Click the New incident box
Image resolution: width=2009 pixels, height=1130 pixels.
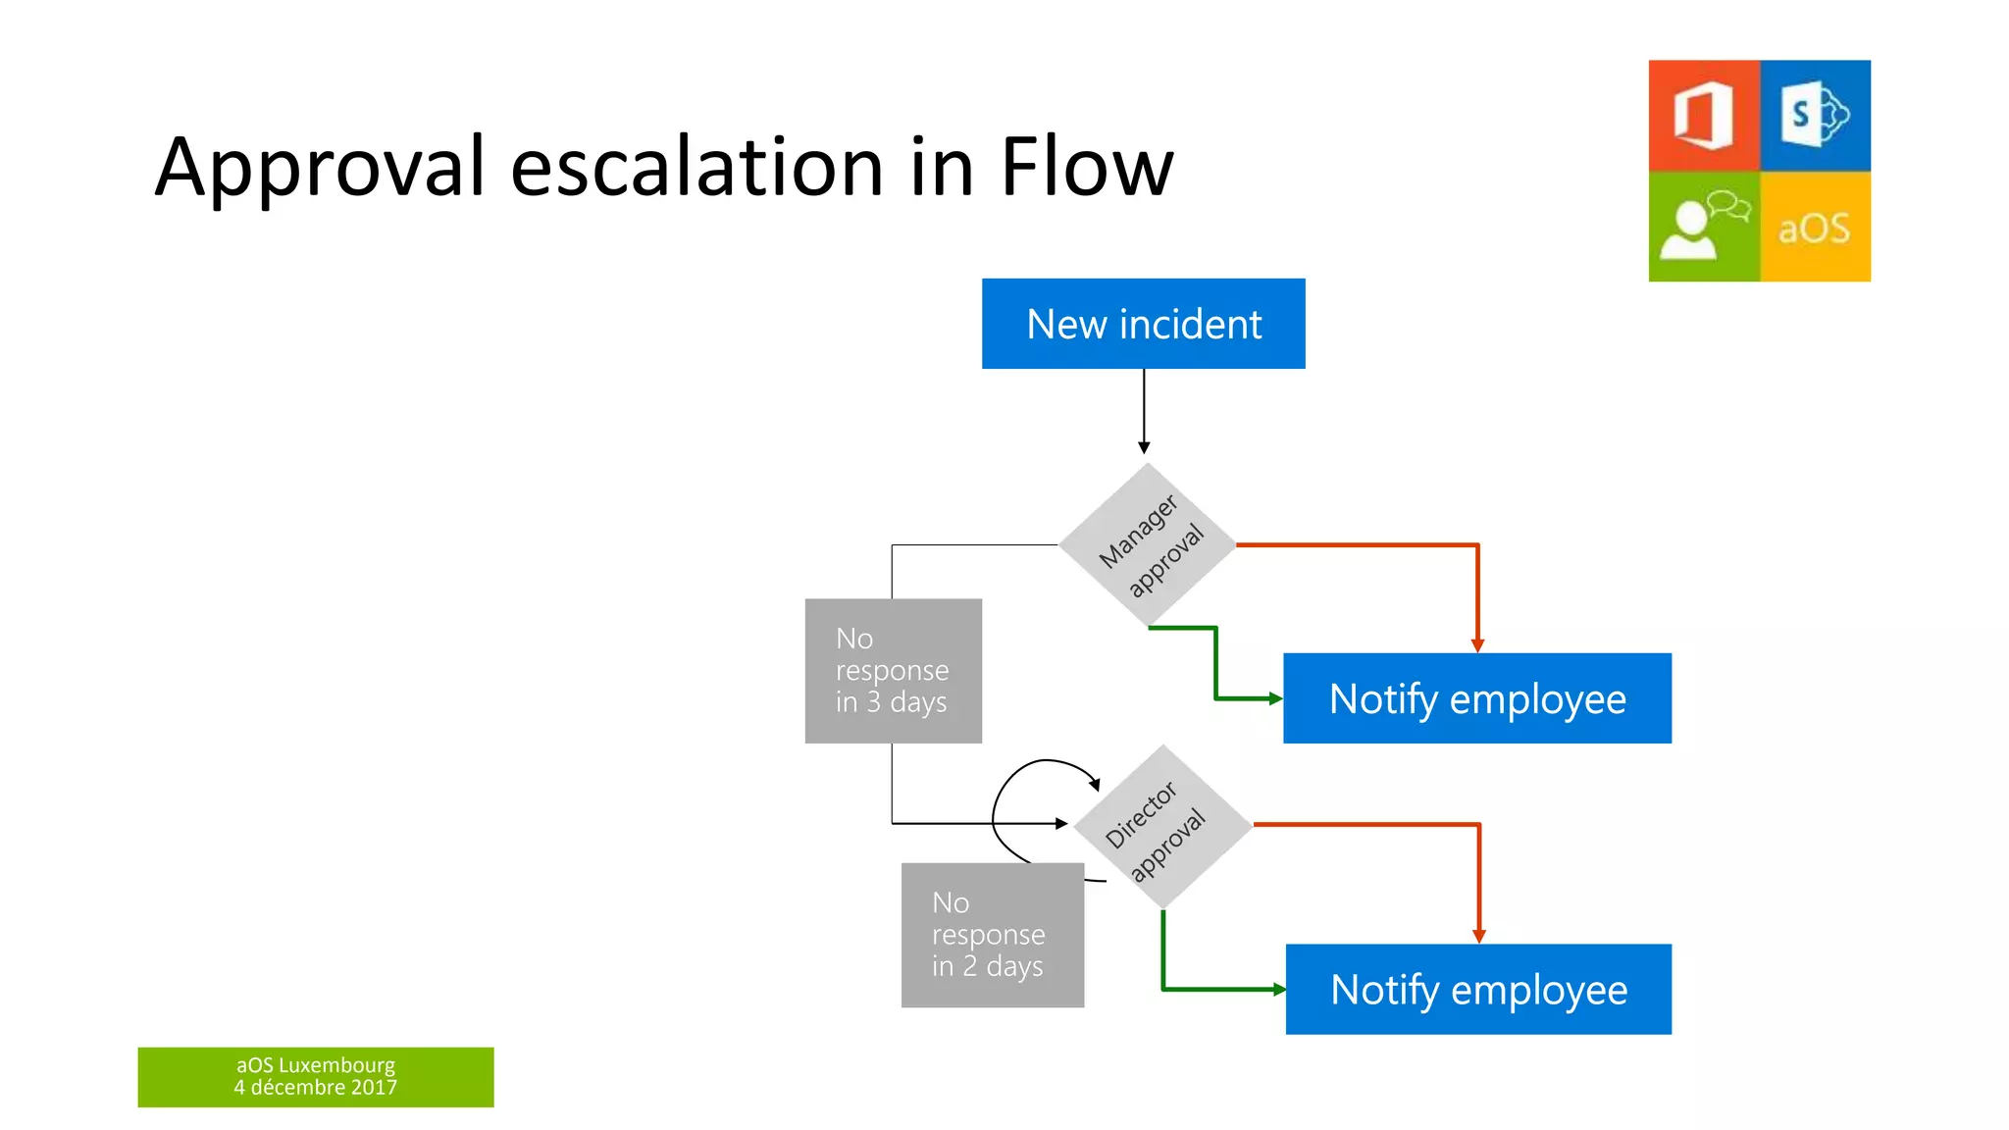[1143, 324]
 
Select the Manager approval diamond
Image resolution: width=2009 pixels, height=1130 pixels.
[1148, 544]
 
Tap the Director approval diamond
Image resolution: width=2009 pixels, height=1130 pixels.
[1162, 826]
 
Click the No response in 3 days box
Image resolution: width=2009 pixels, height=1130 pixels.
[893, 671]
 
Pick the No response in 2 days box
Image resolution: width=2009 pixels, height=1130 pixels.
[992, 935]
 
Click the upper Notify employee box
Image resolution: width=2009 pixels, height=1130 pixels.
[1476, 698]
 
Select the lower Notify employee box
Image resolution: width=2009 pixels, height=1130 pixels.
[1478, 989]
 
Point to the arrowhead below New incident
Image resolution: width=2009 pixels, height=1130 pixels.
[1144, 447]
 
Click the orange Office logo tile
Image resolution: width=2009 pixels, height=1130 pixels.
[1704, 116]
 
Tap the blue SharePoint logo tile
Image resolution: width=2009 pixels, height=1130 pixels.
[1815, 116]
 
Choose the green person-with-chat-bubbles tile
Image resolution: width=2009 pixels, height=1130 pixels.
[1704, 227]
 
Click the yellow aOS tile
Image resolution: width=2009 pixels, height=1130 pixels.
[1815, 227]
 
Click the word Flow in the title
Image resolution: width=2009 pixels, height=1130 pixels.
[1086, 167]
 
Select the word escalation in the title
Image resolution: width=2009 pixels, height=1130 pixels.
[697, 167]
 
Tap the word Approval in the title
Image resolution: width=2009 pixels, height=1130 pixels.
[320, 167]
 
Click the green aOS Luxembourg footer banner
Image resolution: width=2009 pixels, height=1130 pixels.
[315, 1076]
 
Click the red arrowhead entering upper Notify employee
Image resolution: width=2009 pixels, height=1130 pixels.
[1477, 645]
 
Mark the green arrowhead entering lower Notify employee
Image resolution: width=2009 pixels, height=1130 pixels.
[1278, 990]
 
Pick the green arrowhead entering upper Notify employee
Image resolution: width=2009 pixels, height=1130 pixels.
[1275, 698]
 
